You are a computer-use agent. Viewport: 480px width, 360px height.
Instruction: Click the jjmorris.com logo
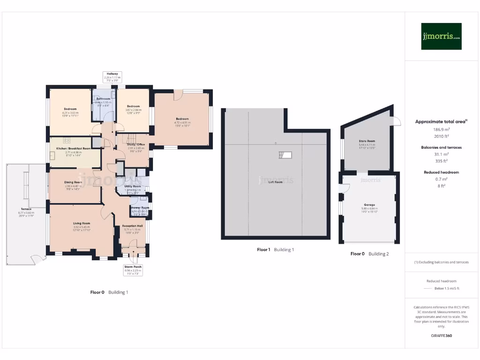coord(441,37)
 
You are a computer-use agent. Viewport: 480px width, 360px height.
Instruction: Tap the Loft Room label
coord(276,182)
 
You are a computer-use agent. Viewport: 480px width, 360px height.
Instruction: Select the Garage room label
coord(369,205)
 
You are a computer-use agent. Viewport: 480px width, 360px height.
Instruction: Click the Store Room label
coord(367,141)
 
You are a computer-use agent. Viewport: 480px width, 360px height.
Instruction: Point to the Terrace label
coord(26,209)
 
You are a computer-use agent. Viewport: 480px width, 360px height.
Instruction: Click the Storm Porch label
coord(133,267)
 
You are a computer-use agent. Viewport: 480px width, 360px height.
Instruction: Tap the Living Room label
coord(82,224)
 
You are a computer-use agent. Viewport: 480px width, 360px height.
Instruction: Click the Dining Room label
coord(74,182)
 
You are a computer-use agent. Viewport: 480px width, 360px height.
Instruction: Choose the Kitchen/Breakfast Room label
coord(74,149)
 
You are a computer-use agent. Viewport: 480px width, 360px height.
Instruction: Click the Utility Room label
coord(132,186)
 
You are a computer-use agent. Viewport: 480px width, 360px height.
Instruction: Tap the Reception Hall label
coord(132,226)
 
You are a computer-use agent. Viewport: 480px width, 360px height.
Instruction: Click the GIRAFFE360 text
coord(441,336)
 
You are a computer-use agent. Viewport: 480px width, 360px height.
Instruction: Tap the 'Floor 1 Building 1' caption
coord(275,250)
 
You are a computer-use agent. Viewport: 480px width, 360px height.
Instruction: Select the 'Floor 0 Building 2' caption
coord(369,254)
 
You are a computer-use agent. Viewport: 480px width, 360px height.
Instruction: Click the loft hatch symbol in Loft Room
coord(285,155)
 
